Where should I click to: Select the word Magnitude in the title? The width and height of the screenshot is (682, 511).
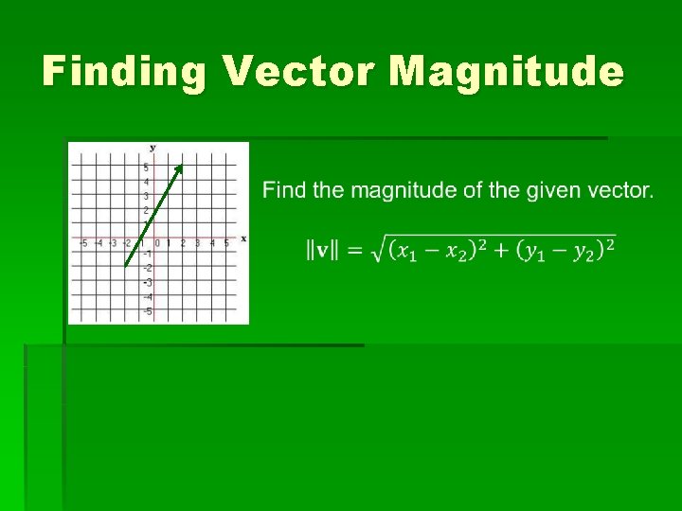coord(506,72)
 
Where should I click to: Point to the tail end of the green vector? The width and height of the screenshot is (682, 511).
coord(126,268)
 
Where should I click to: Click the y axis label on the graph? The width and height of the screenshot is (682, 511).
coord(153,148)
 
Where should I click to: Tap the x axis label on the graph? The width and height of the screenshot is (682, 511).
coord(243,238)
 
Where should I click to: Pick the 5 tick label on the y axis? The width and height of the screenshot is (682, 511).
coord(146,167)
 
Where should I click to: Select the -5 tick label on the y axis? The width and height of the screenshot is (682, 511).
coord(146,311)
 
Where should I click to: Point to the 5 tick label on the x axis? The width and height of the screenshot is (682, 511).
coord(225,244)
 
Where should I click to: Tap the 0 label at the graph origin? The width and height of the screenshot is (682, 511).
coord(157,244)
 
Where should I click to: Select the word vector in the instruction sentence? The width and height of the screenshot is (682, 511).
coord(621,191)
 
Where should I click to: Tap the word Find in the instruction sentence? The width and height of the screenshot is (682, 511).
coord(284,191)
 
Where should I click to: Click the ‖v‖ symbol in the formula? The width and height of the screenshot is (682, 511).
coord(322,250)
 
